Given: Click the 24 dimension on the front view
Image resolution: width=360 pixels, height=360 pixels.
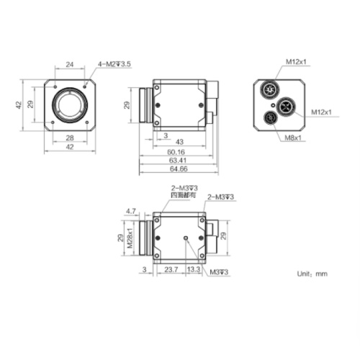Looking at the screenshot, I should pos(69,64).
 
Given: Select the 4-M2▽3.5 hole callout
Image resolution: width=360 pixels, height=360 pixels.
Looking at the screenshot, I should pos(114,64).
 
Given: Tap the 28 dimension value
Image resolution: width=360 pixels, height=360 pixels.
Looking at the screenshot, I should pos(69,137).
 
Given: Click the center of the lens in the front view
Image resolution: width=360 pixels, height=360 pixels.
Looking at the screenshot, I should pos(70,105).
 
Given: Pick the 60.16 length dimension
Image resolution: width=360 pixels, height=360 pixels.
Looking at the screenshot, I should pos(175,152).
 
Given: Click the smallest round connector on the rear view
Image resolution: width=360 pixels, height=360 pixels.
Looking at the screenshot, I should pos(271,117).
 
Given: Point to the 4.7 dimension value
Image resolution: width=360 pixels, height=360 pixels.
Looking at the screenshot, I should pos(131,210).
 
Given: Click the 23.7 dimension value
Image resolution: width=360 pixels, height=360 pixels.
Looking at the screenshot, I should pos(171,269).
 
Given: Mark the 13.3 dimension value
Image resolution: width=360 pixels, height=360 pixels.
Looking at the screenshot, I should pos(194,269).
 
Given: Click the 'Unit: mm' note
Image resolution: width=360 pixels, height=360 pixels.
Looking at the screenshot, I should pos(312,274).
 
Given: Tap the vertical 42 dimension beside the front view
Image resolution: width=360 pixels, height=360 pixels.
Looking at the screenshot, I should pos(19,105).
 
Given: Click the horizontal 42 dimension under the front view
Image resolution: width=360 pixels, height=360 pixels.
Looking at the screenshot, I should pos(69,146).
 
